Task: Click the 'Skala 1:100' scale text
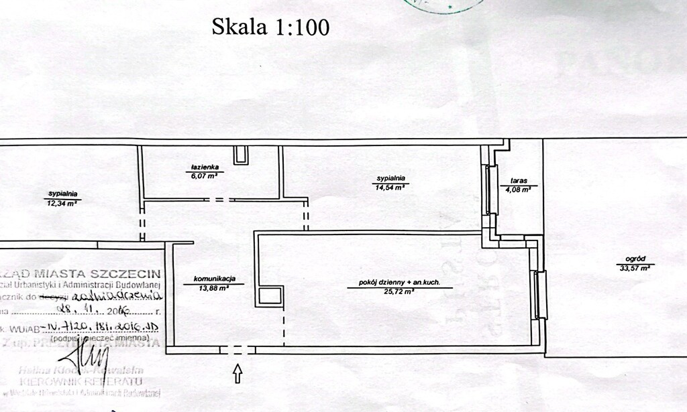click(x=270, y=27)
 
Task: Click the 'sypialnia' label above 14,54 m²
click(x=390, y=178)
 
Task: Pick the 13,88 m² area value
click(x=213, y=289)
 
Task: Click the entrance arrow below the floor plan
click(x=237, y=373)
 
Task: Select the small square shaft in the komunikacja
click(x=270, y=295)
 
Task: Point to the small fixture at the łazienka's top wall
click(x=240, y=155)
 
